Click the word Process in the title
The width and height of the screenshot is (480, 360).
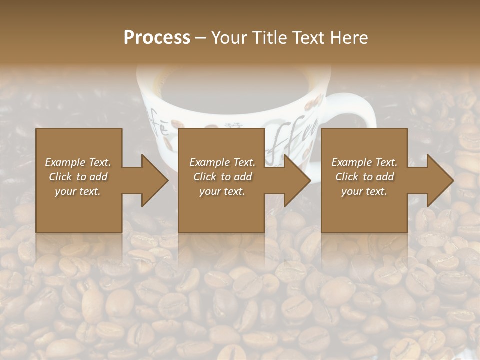pyautogui.click(x=157, y=38)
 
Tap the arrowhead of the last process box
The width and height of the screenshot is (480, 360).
pyautogui.click(x=439, y=180)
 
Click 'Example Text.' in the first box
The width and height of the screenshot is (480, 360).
pyautogui.click(x=78, y=162)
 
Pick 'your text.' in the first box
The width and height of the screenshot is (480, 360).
pyautogui.click(x=78, y=191)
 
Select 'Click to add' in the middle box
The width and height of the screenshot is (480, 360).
pyautogui.click(x=222, y=177)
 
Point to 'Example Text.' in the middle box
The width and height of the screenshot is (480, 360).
pyautogui.click(x=222, y=162)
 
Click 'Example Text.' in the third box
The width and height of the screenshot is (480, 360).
pyautogui.click(x=364, y=162)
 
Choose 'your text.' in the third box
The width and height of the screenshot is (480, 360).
pyautogui.click(x=364, y=191)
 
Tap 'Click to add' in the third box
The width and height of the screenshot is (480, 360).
pyautogui.click(x=364, y=177)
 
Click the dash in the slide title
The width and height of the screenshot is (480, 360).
pyautogui.click(x=201, y=38)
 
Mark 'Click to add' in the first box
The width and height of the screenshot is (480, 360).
pyautogui.click(x=78, y=177)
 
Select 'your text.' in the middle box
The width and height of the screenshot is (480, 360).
pyautogui.click(x=222, y=191)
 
